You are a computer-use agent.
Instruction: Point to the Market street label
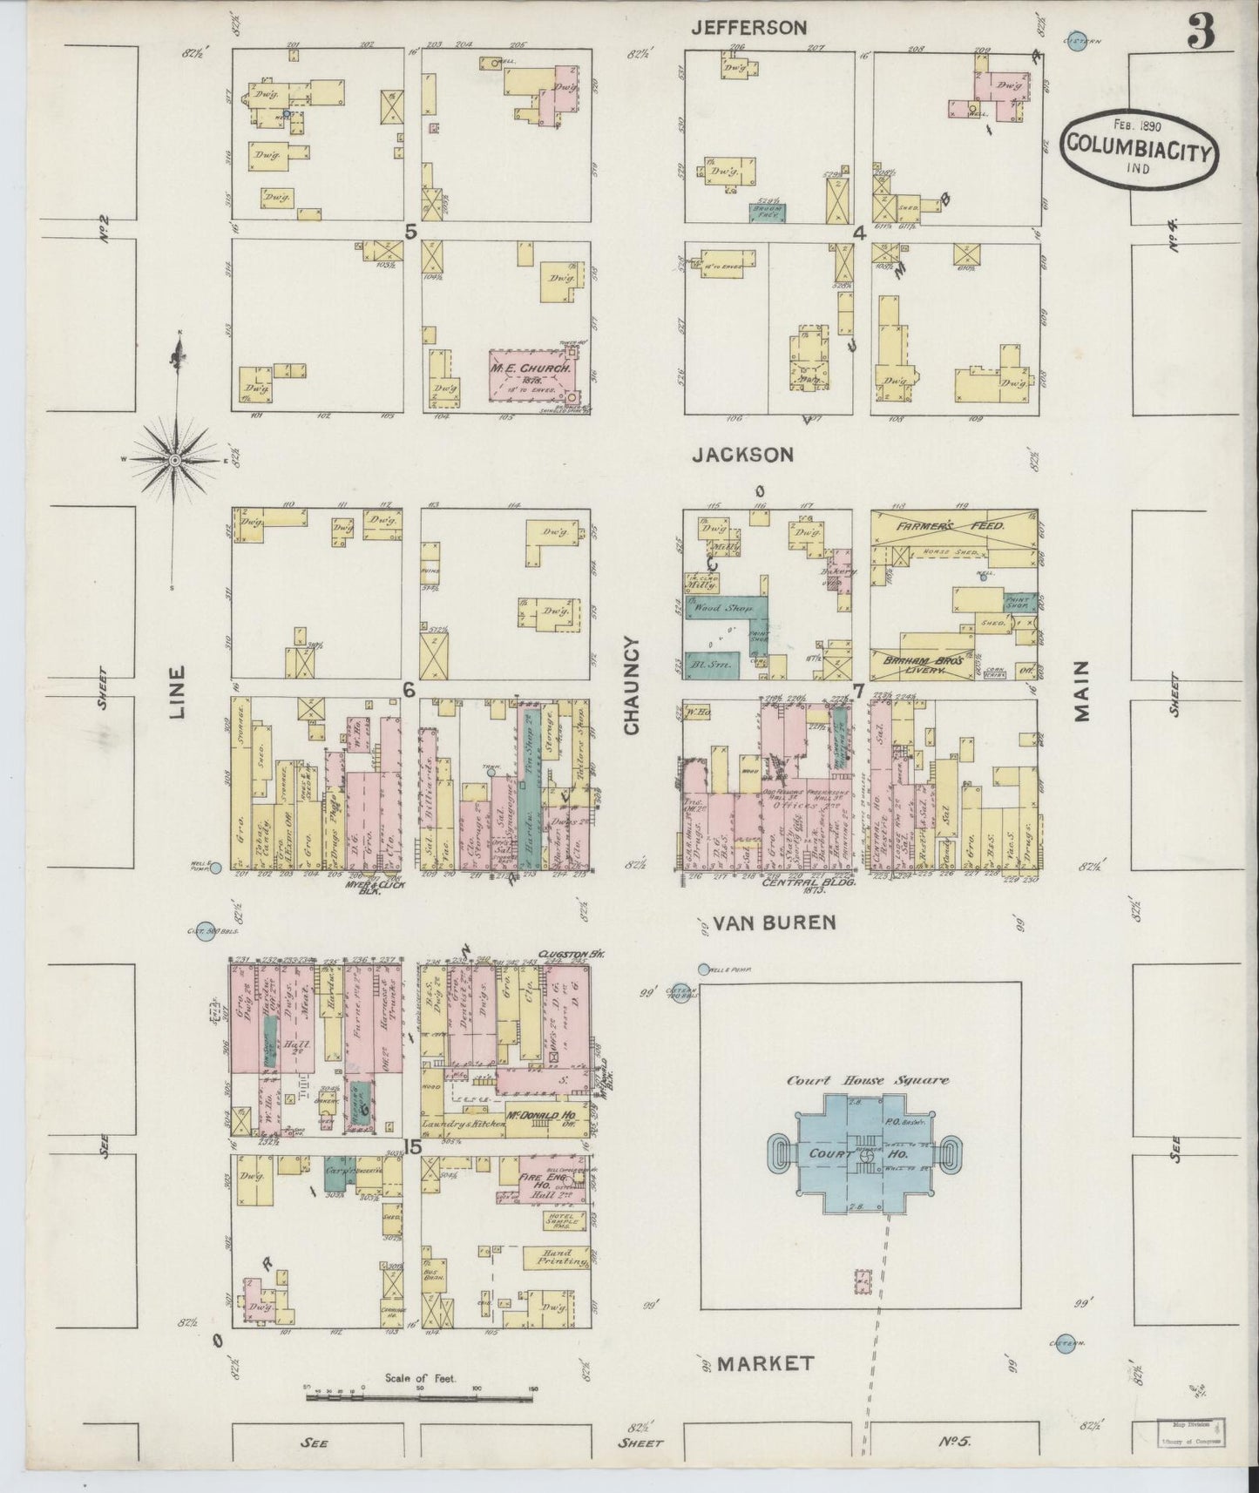click(767, 1363)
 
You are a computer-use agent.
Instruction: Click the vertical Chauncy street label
click(632, 685)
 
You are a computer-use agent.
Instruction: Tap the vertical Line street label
click(178, 692)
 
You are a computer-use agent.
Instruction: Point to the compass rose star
click(174, 459)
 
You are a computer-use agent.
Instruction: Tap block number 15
click(412, 1147)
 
